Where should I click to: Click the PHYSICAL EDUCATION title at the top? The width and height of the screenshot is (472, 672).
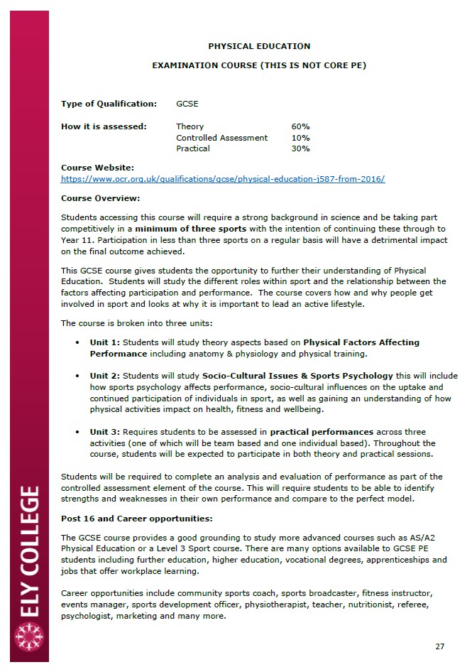(x=259, y=46)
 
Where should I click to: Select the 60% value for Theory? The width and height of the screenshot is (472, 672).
(x=300, y=126)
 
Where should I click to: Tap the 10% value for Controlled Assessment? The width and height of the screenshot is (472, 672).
(x=300, y=138)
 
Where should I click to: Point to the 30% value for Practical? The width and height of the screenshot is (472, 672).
(x=300, y=148)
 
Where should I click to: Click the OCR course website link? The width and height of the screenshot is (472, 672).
(x=223, y=180)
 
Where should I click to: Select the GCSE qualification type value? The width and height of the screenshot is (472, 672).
(x=187, y=104)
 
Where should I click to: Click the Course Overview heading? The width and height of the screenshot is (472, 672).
(x=100, y=198)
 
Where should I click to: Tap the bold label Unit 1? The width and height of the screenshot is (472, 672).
(x=105, y=342)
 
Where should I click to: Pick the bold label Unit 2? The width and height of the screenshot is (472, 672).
(x=105, y=376)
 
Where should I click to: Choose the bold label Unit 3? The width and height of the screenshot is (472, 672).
(x=105, y=432)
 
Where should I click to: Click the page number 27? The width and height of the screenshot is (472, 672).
(x=439, y=646)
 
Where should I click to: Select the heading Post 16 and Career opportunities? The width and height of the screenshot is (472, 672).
(x=136, y=519)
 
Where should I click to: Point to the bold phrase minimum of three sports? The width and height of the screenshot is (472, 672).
(x=191, y=229)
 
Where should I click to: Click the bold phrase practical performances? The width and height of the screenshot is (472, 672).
(x=322, y=432)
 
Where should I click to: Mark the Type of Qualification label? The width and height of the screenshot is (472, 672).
(x=109, y=104)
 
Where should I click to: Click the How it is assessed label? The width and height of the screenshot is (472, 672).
(x=104, y=126)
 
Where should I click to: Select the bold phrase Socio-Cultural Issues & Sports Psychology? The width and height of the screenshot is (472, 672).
(x=297, y=376)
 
